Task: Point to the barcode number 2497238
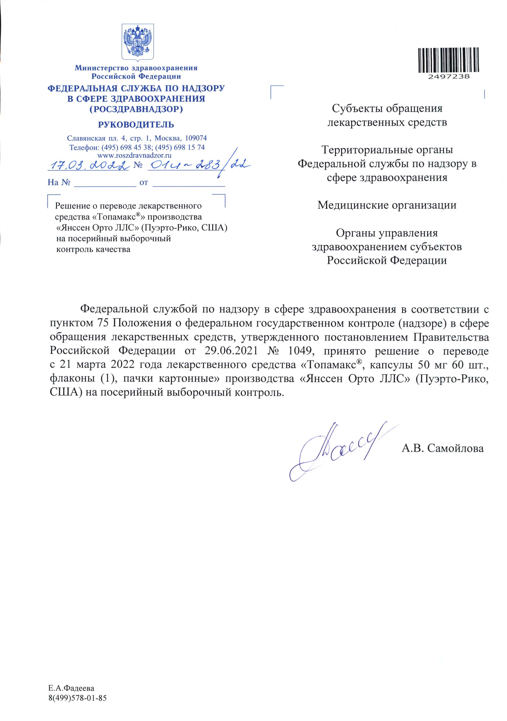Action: (x=449, y=76)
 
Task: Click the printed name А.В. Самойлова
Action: (x=442, y=448)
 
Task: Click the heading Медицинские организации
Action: (x=386, y=205)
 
